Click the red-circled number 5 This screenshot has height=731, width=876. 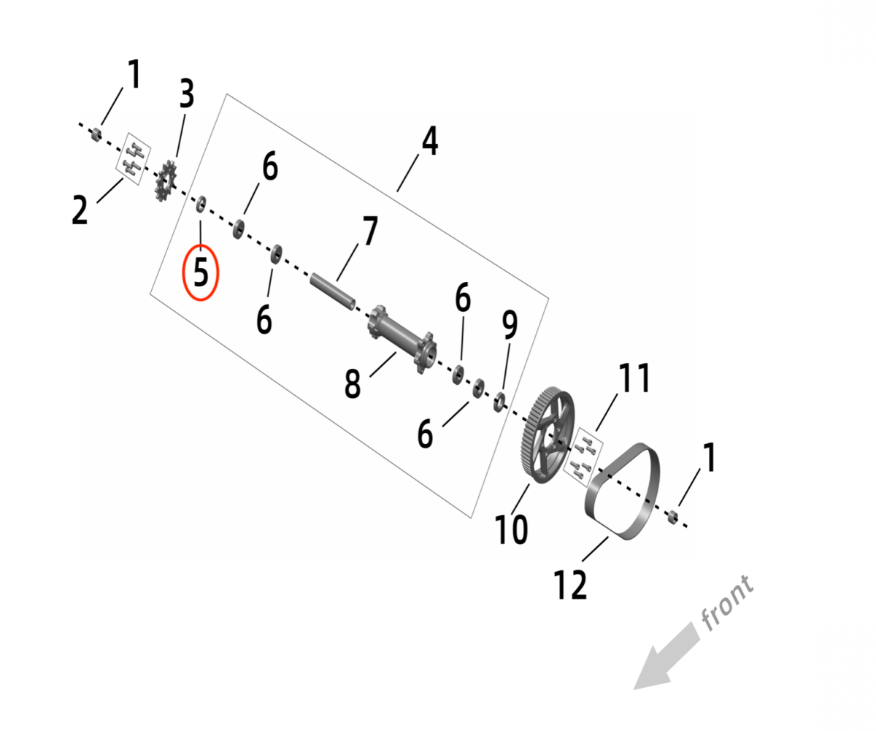click(x=201, y=273)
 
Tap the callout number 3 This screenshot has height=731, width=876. click(x=187, y=94)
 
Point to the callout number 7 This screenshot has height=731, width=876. click(x=370, y=231)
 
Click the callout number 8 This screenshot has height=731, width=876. click(x=353, y=383)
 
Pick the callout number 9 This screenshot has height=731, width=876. click(x=510, y=324)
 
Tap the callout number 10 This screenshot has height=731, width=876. click(x=512, y=529)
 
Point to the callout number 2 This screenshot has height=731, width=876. click(x=80, y=210)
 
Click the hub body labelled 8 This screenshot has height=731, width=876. click(x=402, y=338)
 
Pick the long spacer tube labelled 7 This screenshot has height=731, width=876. click(x=333, y=291)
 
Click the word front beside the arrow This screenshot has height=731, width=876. click(x=728, y=602)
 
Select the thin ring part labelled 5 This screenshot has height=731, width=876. click(x=201, y=204)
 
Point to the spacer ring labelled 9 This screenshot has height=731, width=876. click(x=499, y=402)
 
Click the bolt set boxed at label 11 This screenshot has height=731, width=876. click(x=583, y=458)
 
